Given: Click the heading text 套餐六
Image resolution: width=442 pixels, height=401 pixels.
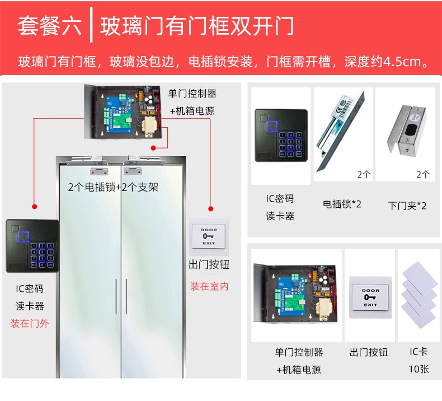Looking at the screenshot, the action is [x=50, y=26].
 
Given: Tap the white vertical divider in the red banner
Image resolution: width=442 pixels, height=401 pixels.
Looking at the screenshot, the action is [x=91, y=25].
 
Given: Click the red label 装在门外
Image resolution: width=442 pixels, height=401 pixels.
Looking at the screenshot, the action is [x=30, y=323].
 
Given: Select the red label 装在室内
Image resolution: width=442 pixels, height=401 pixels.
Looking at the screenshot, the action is [x=209, y=286].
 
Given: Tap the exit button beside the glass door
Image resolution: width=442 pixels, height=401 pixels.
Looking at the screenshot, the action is [x=209, y=236].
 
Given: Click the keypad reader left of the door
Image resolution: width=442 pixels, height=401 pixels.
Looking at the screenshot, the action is [x=32, y=246].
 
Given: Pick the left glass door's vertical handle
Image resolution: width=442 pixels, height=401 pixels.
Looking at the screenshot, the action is [x=116, y=296].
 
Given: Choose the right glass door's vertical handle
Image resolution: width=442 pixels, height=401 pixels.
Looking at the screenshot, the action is [x=126, y=296].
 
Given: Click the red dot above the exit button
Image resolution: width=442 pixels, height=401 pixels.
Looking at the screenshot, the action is [x=210, y=209].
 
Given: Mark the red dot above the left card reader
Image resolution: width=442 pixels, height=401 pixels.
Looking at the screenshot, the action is [x=34, y=207].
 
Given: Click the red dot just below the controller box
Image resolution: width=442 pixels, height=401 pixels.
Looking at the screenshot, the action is [x=153, y=148].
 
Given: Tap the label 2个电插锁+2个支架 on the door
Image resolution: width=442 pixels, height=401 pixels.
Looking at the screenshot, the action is [x=113, y=187].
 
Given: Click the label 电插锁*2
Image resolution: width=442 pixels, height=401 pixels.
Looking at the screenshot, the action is [x=342, y=204].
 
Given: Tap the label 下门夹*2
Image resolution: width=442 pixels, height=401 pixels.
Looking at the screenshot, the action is [x=407, y=206].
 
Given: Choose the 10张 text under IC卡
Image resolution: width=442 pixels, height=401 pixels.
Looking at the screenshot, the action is [x=419, y=369].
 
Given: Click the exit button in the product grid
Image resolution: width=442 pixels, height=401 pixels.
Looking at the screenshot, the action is [x=370, y=297].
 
